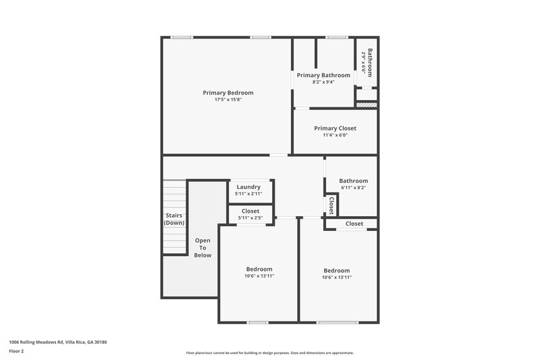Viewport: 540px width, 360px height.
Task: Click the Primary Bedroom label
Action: (228, 93)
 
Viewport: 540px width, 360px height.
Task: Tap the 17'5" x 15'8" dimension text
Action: (228, 100)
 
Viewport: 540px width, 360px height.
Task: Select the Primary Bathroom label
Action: (324, 75)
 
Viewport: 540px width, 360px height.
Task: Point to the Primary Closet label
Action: (335, 128)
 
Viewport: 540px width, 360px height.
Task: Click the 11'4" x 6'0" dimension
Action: (335, 135)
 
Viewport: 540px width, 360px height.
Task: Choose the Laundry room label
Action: (248, 187)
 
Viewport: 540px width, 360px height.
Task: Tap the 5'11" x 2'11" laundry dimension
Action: (248, 195)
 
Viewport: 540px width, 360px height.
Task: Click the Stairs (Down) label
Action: (174, 219)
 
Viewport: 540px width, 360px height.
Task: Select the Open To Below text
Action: (203, 248)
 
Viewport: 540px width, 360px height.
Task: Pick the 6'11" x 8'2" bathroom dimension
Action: (353, 188)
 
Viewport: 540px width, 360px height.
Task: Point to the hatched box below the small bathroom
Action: (365, 105)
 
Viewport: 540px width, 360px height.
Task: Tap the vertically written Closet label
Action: (331, 205)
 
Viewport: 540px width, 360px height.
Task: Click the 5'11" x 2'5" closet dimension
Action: (250, 218)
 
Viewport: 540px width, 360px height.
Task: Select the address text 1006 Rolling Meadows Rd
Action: (58, 342)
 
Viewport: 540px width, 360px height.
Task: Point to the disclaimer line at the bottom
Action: (269, 353)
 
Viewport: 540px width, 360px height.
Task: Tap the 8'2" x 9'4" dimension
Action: (324, 82)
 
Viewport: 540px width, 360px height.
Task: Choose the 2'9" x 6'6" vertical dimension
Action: (363, 61)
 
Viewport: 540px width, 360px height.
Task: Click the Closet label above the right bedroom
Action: (354, 224)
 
